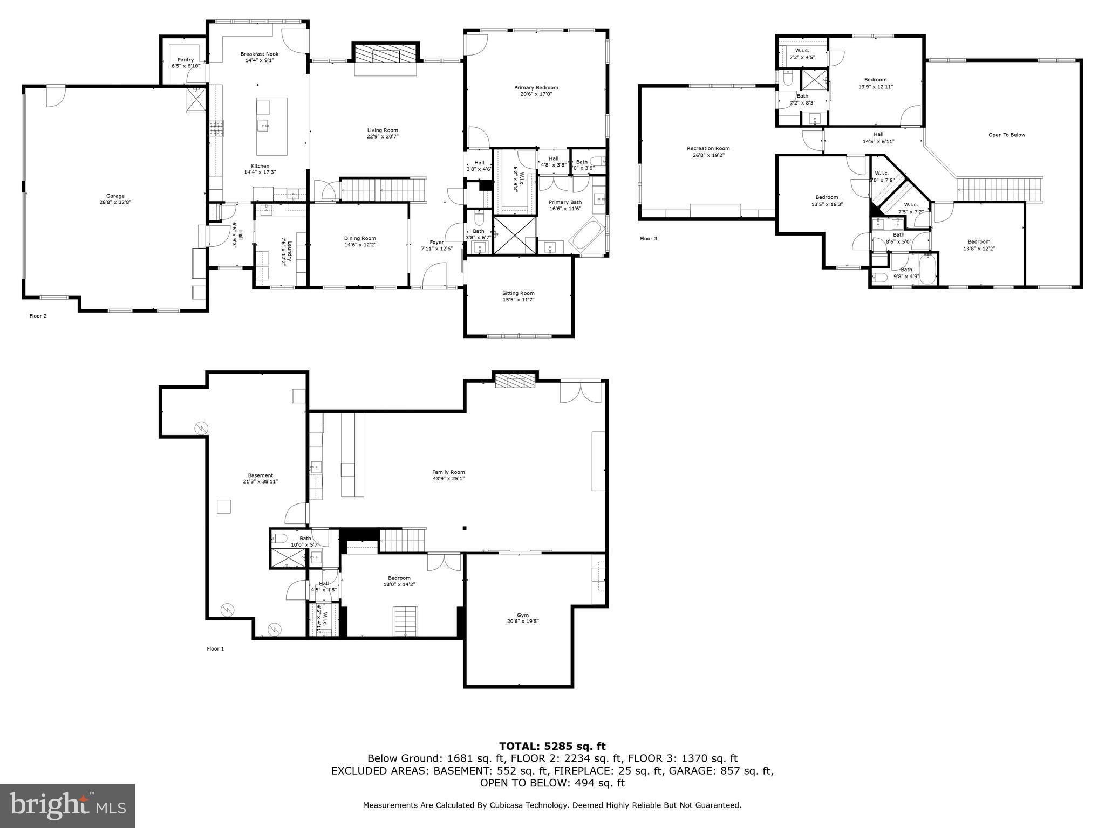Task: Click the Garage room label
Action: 115,196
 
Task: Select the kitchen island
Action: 271,126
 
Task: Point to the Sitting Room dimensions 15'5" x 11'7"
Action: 518,300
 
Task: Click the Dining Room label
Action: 360,238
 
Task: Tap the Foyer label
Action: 436,242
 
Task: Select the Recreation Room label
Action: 708,148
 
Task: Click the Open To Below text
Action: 1006,135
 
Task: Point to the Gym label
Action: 522,615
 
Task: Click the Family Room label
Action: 448,472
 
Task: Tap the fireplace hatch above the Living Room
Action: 385,53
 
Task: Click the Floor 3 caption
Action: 648,238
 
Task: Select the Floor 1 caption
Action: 215,648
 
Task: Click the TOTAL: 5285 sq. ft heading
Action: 552,746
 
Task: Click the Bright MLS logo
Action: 67,805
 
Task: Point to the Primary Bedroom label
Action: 536,87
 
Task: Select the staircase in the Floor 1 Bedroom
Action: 405,620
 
